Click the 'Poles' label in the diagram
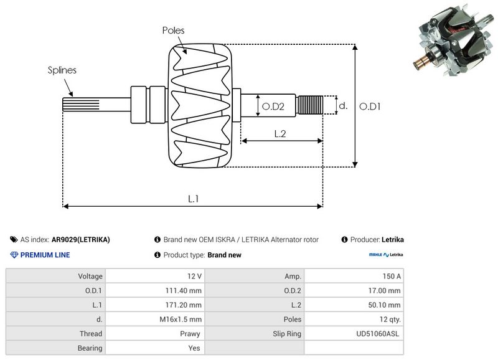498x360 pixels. [x=173, y=30]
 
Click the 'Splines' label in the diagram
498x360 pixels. [x=62, y=70]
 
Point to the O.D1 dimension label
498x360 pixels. [x=370, y=107]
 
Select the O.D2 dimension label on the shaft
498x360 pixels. [x=273, y=107]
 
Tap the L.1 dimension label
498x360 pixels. [x=194, y=199]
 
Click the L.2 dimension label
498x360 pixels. [x=280, y=133]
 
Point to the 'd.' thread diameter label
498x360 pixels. [x=342, y=106]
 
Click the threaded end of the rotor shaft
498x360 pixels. [x=310, y=105]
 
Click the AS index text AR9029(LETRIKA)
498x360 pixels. [x=81, y=240]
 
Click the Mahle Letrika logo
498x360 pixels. [x=386, y=255]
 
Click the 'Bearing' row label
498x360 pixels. [x=90, y=348]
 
